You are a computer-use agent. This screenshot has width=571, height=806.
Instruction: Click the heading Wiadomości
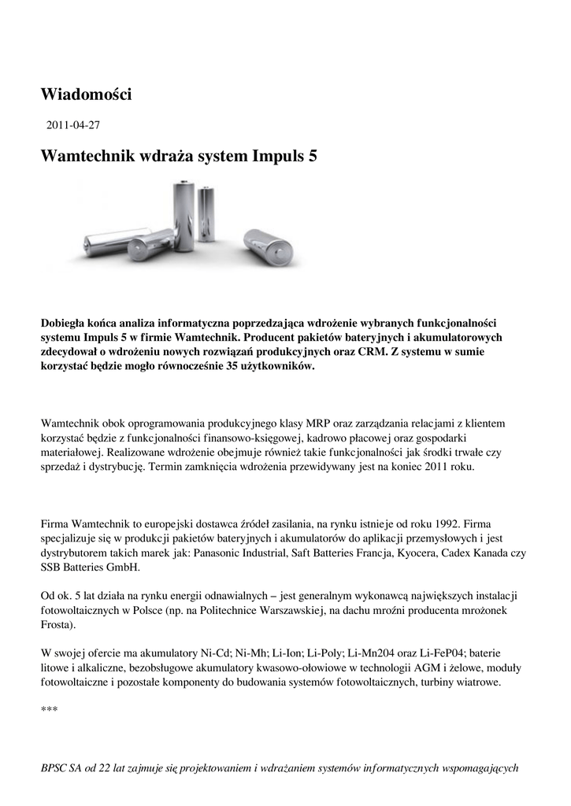click(86, 94)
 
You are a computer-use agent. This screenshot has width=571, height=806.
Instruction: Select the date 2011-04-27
click(73, 125)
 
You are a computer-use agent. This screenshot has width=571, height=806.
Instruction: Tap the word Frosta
click(58, 625)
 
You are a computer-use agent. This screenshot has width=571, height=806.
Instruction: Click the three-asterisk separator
click(49, 711)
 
